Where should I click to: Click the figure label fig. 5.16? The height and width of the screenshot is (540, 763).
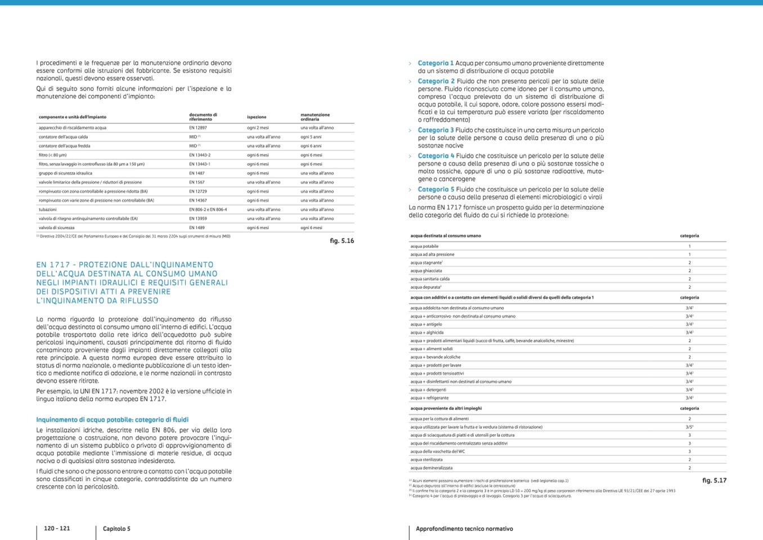[342, 241]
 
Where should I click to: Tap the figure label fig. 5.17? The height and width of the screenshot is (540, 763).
[714, 480]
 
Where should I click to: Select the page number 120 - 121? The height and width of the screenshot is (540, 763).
[57, 528]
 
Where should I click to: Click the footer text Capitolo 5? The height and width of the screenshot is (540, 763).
[116, 529]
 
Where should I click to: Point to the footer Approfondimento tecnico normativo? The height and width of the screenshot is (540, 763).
[464, 529]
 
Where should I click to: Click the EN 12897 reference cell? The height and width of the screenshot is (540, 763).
[198, 128]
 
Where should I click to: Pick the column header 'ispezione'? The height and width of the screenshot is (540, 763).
[257, 117]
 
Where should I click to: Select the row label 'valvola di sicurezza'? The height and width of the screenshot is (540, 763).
[56, 227]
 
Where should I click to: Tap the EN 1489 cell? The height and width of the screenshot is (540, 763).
[196, 227]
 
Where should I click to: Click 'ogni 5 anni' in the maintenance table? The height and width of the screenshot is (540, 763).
[311, 137]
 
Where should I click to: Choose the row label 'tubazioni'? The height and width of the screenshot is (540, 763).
[47, 209]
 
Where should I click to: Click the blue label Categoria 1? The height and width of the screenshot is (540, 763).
[436, 63]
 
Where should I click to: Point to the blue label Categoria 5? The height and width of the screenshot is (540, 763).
[436, 189]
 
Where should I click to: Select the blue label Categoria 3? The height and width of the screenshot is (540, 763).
[436, 130]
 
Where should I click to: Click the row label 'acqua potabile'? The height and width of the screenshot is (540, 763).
[424, 246]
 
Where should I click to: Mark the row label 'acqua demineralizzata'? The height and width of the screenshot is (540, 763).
[431, 468]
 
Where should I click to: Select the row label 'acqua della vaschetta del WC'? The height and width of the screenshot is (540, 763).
[437, 452]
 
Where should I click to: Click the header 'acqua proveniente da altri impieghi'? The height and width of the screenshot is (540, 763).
[446, 408]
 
